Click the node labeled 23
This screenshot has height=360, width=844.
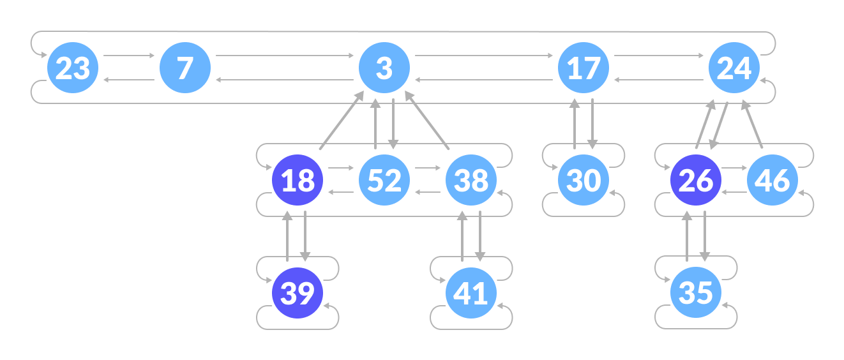point(73,68)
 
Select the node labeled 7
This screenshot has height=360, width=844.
point(185,68)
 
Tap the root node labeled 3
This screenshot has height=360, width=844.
point(384,68)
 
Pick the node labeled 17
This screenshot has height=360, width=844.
point(584,68)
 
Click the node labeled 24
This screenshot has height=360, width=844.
point(734,68)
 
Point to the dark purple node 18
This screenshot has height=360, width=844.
point(298,180)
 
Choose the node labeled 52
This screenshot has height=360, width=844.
point(384,180)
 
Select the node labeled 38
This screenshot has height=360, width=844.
point(471,180)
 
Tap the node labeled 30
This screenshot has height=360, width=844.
point(584,180)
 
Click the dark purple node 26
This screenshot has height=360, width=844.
point(696,180)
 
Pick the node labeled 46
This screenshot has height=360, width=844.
point(772,180)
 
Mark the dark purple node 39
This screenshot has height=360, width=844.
point(298,292)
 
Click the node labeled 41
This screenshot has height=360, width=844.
point(471,292)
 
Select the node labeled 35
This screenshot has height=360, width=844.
point(696,292)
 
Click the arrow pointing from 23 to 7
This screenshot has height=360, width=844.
point(129,56)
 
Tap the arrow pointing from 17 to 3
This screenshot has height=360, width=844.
point(484,80)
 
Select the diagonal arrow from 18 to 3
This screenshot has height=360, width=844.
point(342,121)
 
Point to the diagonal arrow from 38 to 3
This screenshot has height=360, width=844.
point(428,121)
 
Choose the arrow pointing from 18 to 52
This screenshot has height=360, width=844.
point(341,168)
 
